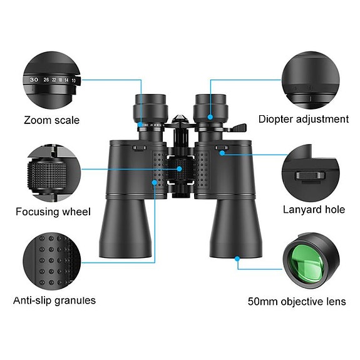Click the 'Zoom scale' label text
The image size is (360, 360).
click(x=52, y=120)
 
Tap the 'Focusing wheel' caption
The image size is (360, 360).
click(x=53, y=212)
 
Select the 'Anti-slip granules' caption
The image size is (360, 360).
click(x=54, y=301)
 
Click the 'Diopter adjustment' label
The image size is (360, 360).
click(x=304, y=119)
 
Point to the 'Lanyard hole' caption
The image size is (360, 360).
click(x=314, y=210)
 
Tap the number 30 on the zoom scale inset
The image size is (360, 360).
click(x=34, y=80)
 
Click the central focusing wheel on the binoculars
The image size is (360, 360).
click(x=180, y=169)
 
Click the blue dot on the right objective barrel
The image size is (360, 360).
click(x=238, y=257)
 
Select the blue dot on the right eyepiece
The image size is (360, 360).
click(x=211, y=115)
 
